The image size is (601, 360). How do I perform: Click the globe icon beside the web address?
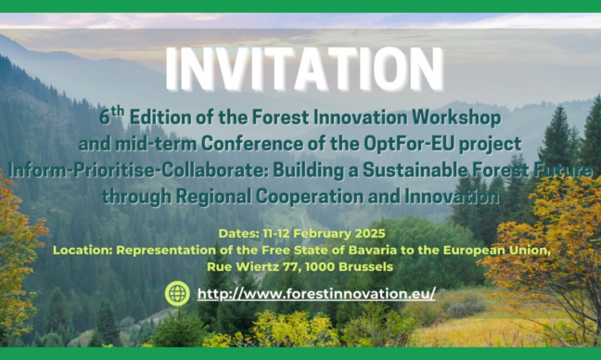pos(177,293)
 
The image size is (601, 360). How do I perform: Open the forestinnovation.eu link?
pos(316,293)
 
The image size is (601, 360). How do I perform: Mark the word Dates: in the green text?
pos(239,233)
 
